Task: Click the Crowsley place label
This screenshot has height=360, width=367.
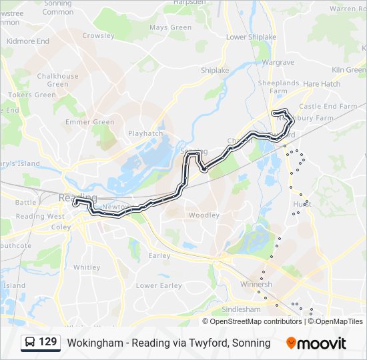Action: [x=98, y=35]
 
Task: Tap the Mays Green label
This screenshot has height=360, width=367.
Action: [x=171, y=27]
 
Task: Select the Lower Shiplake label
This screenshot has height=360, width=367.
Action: [x=251, y=37]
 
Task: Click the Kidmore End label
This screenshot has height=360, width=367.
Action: [x=27, y=41]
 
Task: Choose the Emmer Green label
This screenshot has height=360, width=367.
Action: [x=90, y=122]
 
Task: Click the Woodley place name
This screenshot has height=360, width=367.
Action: [x=204, y=215]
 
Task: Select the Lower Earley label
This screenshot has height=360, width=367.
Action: [x=159, y=286]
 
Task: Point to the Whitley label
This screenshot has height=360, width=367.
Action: [x=87, y=267]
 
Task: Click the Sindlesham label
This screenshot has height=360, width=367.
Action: [x=241, y=309]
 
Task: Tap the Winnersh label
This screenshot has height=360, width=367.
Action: [x=256, y=284]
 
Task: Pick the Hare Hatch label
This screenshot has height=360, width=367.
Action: [x=322, y=84]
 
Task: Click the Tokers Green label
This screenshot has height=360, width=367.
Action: [x=31, y=95]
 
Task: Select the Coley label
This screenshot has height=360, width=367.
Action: [x=61, y=227]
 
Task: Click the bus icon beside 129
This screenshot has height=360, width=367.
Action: [x=30, y=343]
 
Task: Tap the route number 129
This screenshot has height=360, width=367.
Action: [x=47, y=343]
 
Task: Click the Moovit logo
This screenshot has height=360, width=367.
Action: [x=316, y=343]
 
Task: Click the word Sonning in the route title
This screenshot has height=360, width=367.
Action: [x=254, y=343]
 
